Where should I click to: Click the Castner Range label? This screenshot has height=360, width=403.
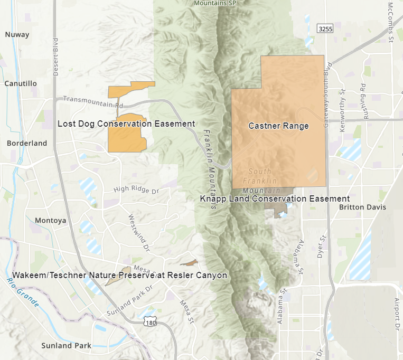(278, 126)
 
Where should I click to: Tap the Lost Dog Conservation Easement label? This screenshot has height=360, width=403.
(126, 124)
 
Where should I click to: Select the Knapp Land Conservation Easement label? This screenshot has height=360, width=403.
(275, 198)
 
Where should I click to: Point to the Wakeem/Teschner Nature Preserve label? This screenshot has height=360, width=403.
(119, 276)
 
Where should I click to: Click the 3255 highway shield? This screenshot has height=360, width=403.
(325, 29)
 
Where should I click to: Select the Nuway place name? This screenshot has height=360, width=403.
(17, 35)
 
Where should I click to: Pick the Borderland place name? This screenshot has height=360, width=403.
(27, 143)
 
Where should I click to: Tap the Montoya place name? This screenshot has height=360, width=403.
(50, 220)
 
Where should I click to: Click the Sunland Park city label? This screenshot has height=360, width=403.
(66, 346)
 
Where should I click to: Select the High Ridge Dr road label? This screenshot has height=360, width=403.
(136, 189)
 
